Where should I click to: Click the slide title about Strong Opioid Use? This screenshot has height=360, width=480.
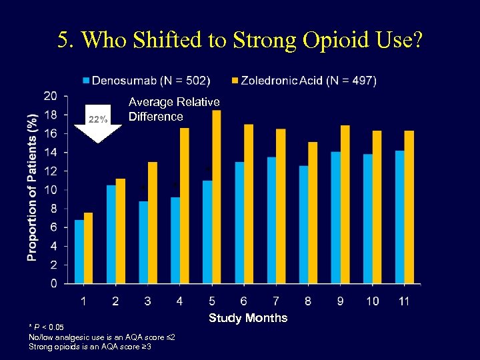pyautogui.click(x=239, y=41)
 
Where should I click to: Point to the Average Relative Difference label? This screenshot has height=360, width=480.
pyautogui.click(x=174, y=109)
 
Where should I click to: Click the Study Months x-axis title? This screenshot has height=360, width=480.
pyautogui.click(x=248, y=318)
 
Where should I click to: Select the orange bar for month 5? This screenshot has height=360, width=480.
pyautogui.click(x=216, y=197)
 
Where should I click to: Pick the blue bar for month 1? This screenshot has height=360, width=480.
pyautogui.click(x=79, y=251)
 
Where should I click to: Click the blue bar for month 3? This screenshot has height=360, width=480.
pyautogui.click(x=143, y=242)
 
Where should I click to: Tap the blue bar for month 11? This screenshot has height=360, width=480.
pyautogui.click(x=399, y=217)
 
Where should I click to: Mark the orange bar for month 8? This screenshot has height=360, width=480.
pyautogui.click(x=313, y=213)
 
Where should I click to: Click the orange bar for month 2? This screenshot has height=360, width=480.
pyautogui.click(x=121, y=231)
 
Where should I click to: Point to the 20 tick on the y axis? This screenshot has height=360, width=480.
pyautogui.click(x=50, y=96)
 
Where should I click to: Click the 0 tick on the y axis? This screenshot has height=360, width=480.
pyautogui.click(x=53, y=284)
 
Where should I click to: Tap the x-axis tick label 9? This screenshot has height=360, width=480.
pyautogui.click(x=340, y=302)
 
